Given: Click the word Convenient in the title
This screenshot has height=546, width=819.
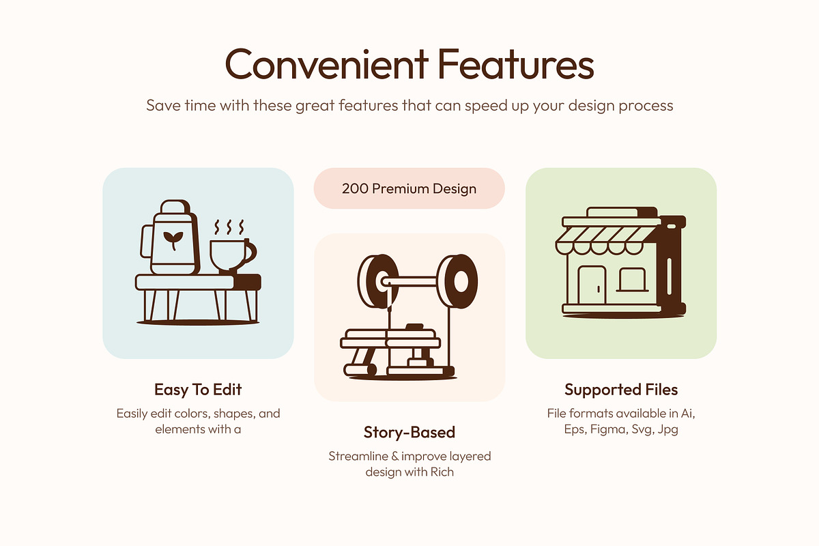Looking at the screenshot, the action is (326, 64).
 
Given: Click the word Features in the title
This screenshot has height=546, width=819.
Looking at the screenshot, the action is (516, 64).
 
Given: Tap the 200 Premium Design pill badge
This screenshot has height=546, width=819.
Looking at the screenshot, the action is (409, 188).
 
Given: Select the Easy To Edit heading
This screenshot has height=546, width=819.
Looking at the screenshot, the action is (198, 390).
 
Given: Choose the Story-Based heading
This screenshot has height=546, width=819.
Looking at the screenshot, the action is (409, 432).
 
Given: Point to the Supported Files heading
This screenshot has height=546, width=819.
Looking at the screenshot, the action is (621, 390).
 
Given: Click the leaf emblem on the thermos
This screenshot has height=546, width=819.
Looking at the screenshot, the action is (173, 240).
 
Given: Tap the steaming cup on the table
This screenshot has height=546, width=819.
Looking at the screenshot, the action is (233, 256).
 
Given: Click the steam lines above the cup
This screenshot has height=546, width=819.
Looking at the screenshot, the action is (229, 227).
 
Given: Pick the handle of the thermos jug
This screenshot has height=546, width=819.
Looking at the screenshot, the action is (146, 242).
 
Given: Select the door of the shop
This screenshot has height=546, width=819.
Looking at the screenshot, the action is (592, 285).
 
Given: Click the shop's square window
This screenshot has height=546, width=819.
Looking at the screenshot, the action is (632, 280).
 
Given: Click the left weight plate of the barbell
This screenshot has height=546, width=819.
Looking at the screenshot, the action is (378, 281).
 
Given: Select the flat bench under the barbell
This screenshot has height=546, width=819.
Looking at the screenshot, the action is (390, 339).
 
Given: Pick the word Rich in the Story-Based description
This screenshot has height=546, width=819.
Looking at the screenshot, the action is (442, 472).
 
